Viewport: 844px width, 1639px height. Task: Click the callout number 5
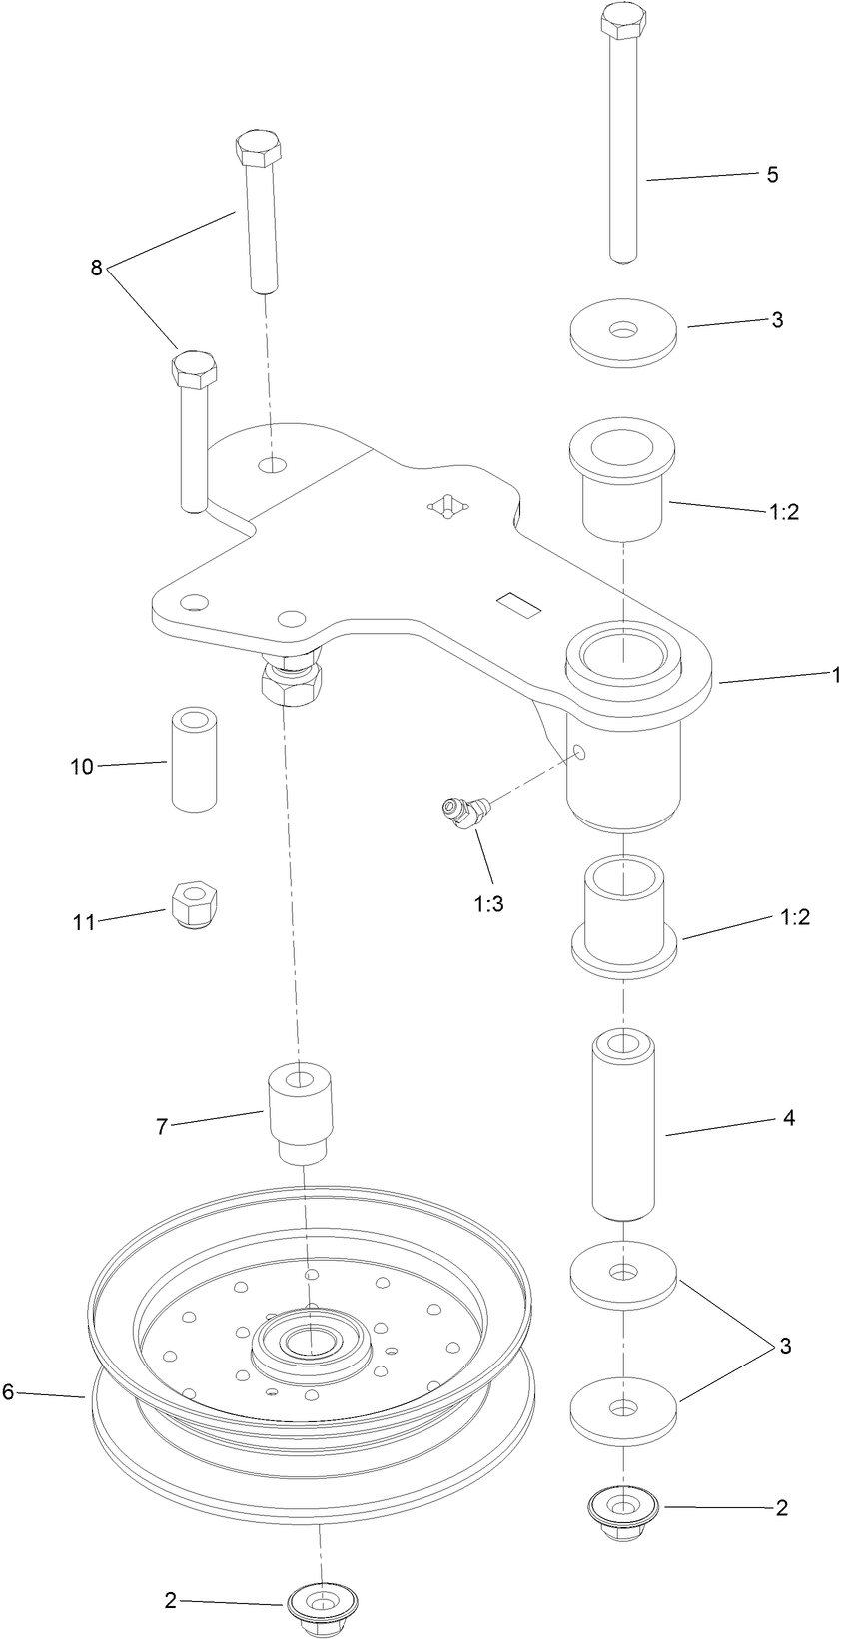tap(772, 174)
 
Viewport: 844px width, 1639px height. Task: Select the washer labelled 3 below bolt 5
tap(624, 329)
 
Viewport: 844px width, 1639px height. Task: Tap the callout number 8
tap(96, 268)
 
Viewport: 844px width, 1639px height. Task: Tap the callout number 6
tap(8, 1391)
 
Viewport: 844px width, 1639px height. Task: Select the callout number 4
tap(788, 1119)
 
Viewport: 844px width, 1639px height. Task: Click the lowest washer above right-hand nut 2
tap(623, 1411)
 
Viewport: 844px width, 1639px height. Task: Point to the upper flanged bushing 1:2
tap(623, 479)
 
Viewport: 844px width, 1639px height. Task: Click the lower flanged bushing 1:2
tap(623, 916)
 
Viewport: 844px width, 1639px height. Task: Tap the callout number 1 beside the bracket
tap(835, 676)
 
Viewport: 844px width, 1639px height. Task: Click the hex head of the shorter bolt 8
tap(193, 371)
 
